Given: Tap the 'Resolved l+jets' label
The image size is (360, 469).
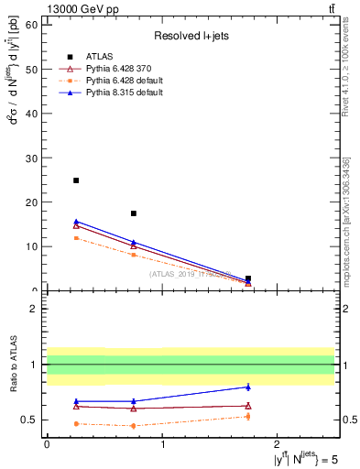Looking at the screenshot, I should (191, 36).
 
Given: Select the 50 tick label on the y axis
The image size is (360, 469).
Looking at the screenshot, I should (31, 69).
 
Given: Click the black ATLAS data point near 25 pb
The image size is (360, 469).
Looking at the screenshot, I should (75, 180).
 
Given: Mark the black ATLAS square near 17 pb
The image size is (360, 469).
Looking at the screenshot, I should (134, 213).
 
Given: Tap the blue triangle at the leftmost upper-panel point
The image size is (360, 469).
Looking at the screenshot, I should (75, 221).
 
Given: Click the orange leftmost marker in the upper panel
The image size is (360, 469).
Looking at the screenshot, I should (75, 238).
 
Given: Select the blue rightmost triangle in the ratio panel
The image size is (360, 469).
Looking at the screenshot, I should (248, 387).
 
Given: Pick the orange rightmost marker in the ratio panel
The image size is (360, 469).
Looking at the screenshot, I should (248, 416).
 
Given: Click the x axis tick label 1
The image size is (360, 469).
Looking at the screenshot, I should (162, 442).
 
